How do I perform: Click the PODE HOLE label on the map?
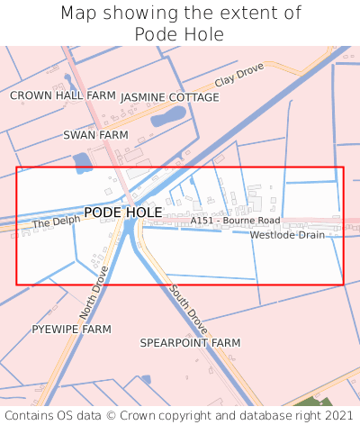tap(123, 212)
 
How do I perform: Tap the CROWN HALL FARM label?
tap(63, 95)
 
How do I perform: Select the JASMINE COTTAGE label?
tap(169, 97)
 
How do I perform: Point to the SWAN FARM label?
tap(96, 134)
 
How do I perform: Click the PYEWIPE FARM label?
tap(72, 330)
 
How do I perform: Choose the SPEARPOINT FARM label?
tap(190, 343)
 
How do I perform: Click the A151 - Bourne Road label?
tap(235, 221)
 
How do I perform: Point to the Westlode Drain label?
tap(287, 235)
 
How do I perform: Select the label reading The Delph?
tap(50, 222)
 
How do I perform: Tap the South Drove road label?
tap(184, 303)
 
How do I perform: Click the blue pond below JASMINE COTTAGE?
tap(168, 116)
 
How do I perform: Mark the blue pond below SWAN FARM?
tap(82, 163)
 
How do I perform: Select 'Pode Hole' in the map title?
tap(180, 34)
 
